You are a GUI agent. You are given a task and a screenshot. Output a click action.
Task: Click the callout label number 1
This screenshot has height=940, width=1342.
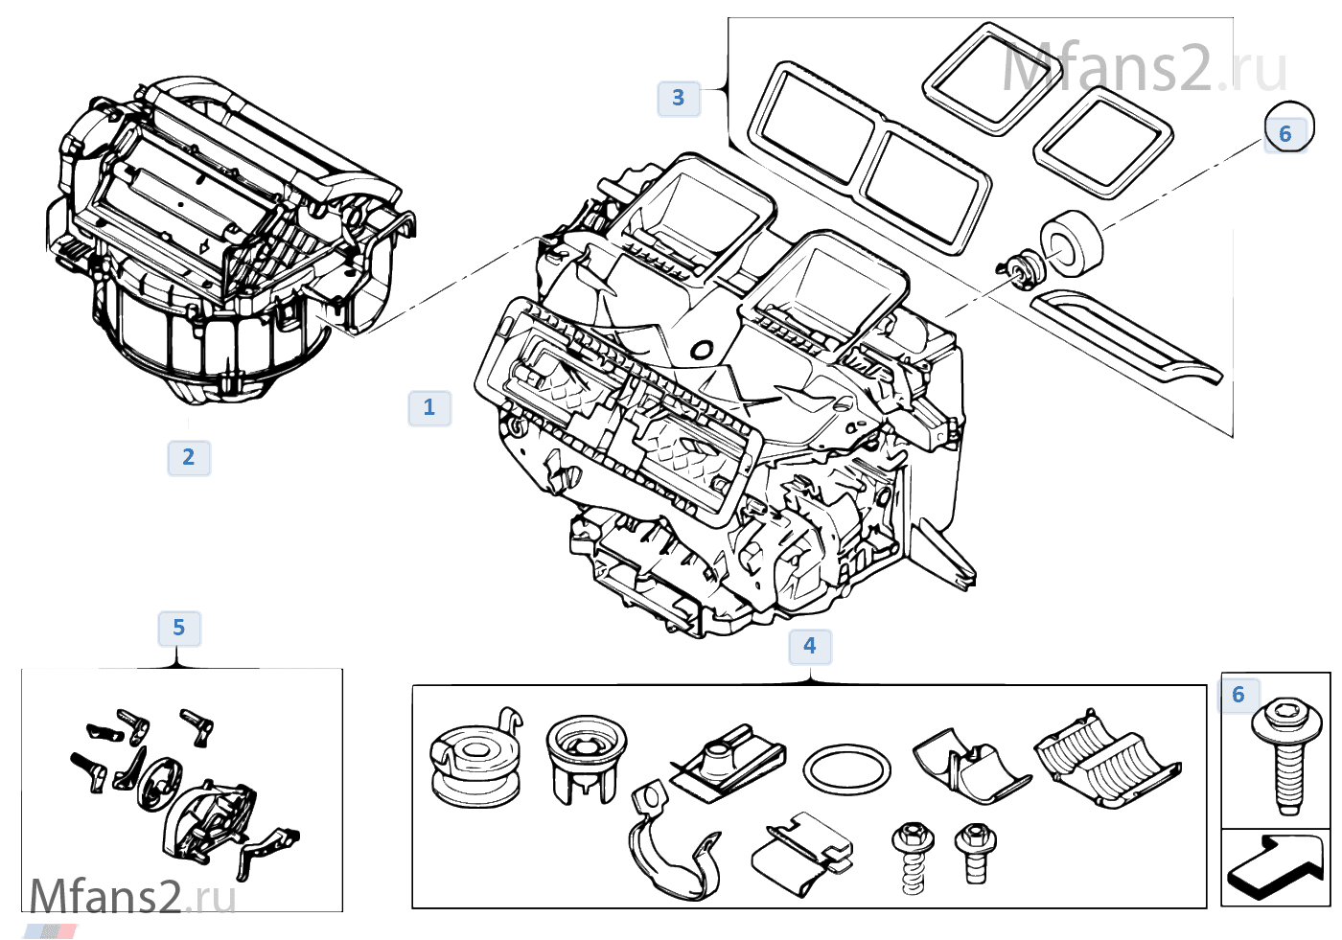428,408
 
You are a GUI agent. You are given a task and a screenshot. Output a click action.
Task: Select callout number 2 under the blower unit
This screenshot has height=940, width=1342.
189,458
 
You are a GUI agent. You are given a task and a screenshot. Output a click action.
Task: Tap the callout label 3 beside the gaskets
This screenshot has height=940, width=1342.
678,98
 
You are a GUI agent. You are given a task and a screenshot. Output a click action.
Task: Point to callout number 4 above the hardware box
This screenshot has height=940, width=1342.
810,647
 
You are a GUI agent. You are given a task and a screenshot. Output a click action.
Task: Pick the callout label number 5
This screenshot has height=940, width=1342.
178,629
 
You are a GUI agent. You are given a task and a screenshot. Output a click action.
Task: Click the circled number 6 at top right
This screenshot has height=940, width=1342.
1286,133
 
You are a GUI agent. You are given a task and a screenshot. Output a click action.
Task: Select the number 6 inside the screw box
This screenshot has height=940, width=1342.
1238,695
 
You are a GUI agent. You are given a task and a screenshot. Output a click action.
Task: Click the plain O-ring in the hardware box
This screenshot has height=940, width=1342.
846,769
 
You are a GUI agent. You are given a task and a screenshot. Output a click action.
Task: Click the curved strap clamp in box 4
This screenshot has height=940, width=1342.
671,843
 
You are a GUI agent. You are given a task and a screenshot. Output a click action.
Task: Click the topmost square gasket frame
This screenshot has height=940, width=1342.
980,79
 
